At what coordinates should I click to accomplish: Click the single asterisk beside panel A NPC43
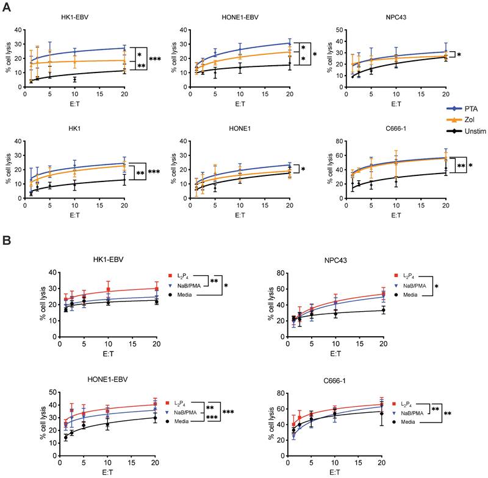[459, 55]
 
